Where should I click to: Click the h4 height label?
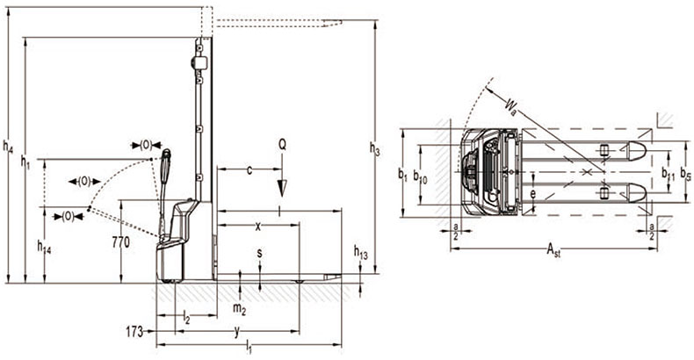pos(8,147)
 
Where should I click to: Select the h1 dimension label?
pos(26,162)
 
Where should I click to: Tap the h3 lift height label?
pos(375,149)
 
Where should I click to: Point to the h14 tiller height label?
pos(44,247)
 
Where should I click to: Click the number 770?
pos(121,242)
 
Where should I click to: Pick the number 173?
pos(134,331)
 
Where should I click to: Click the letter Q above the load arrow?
pos(282,144)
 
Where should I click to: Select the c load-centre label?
pos(249,169)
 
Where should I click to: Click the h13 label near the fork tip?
pos(361,253)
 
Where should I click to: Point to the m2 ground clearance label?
pos(240,309)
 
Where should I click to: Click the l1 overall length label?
pos(249,349)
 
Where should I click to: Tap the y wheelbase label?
pos(237,332)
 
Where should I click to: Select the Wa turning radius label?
pos(510,107)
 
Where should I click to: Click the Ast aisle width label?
pos(553,250)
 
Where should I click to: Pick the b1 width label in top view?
pos(402,175)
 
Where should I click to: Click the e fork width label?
pos(533,194)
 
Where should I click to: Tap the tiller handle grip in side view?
pos(166,167)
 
